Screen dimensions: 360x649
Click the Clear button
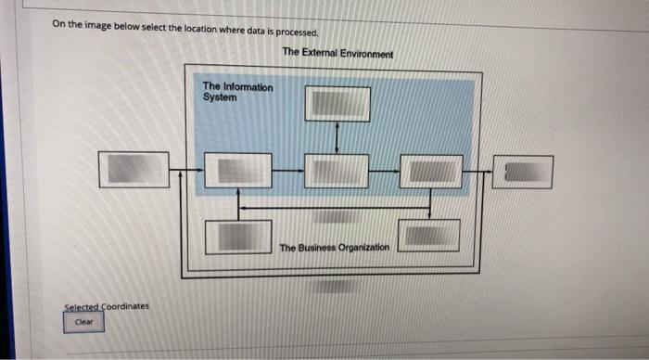click(83, 322)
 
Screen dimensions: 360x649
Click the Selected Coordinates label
click(107, 306)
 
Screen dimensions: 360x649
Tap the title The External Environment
click(337, 54)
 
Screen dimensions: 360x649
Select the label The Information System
click(237, 92)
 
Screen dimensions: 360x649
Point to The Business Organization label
click(335, 248)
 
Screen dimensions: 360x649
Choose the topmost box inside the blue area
click(337, 104)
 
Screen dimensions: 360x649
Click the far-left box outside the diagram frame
click(135, 170)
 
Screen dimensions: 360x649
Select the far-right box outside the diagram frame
click(523, 172)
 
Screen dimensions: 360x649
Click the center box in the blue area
click(337, 172)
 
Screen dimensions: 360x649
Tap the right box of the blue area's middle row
click(431, 172)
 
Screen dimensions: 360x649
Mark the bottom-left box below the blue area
click(237, 237)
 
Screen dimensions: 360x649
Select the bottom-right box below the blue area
click(428, 235)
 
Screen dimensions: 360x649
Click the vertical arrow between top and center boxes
click(337, 137)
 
